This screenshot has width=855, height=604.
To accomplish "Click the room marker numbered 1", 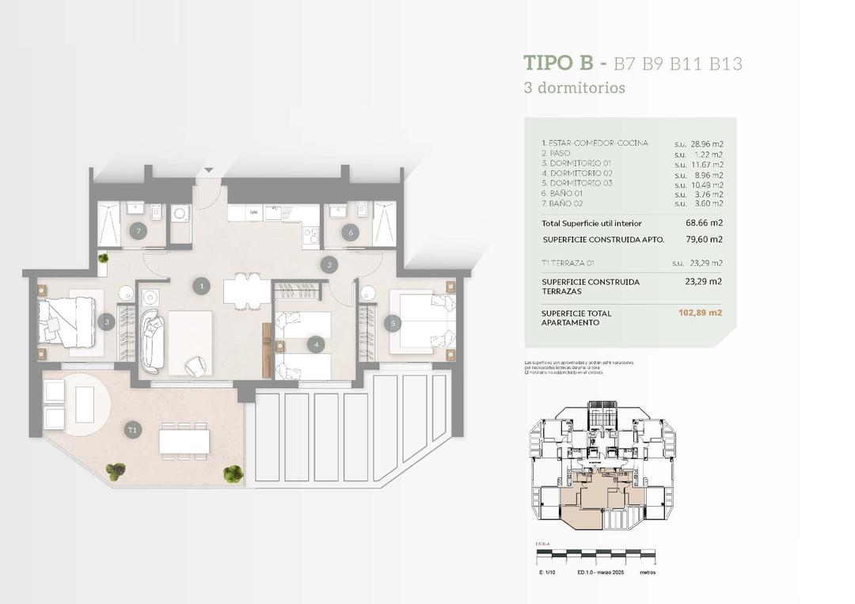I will (203, 286).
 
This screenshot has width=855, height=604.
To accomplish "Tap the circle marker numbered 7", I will (139, 231).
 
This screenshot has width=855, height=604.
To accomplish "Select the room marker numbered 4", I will (316, 344).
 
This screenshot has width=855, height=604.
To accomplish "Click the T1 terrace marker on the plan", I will (133, 430).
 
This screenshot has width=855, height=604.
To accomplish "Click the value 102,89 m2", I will (700, 313).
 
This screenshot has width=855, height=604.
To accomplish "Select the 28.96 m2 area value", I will (707, 145).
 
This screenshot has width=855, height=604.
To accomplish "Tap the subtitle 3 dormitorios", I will (575, 88).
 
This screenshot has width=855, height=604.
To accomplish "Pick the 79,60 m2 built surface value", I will (704, 239).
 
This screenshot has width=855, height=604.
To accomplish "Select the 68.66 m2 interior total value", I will (704, 223).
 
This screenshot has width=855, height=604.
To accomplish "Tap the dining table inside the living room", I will (247, 291).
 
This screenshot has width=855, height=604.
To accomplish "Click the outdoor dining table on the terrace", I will (184, 441).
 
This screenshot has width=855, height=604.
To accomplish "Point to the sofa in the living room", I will (152, 342).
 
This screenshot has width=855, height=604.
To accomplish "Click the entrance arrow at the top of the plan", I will (208, 169).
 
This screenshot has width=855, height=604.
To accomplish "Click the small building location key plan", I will (602, 467).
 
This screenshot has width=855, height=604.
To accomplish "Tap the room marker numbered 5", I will (391, 323).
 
